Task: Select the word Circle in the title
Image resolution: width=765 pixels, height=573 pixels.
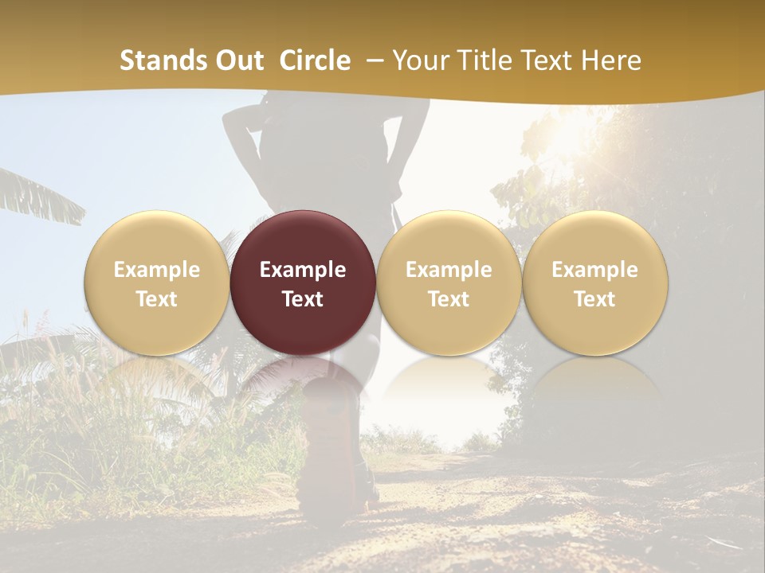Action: [315, 60]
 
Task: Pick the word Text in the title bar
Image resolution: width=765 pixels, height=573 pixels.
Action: [547, 60]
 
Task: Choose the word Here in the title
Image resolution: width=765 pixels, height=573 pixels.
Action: [611, 60]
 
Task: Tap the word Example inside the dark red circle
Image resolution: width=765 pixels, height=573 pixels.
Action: [303, 270]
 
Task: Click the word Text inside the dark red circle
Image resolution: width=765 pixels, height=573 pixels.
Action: [303, 299]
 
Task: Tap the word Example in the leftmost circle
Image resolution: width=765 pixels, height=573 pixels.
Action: [156, 270]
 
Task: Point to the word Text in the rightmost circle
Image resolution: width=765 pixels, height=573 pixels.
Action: [595, 299]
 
